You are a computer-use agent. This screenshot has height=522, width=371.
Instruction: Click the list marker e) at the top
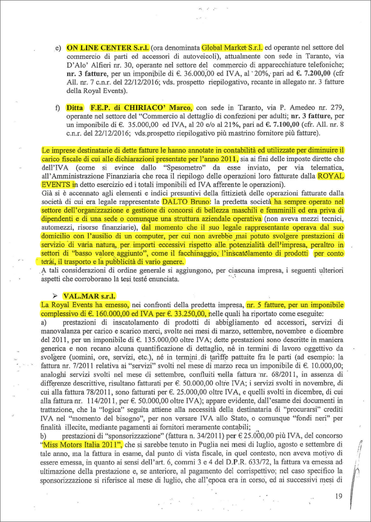tap(58, 47)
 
